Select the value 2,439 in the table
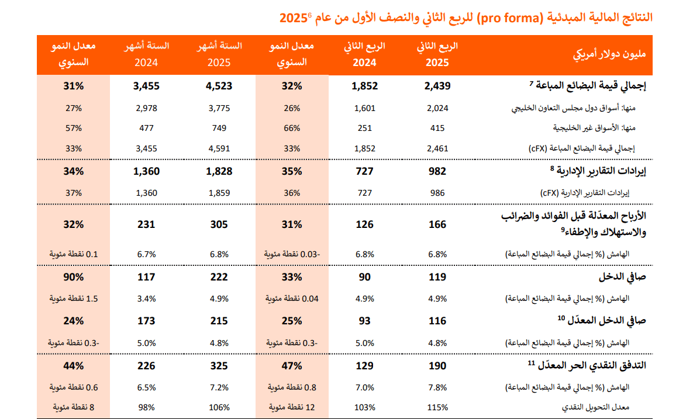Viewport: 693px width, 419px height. [x=437, y=86]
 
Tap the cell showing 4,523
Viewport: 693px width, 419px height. [x=219, y=86]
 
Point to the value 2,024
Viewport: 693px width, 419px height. [x=437, y=108]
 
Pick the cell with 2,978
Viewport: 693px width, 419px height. [x=146, y=108]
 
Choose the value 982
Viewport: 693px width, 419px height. [x=437, y=171]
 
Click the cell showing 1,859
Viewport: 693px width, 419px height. [x=219, y=192]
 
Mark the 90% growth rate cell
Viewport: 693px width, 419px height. [x=74, y=277]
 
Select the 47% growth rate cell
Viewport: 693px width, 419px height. [x=291, y=366]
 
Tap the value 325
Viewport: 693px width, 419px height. [x=219, y=366]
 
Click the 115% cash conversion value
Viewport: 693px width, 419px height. [x=437, y=407]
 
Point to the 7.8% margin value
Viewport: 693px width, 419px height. [x=437, y=387]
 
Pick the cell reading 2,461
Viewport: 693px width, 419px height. [x=437, y=148]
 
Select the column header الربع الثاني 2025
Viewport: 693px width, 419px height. [x=437, y=54]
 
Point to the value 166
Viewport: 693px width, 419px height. [x=437, y=224]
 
